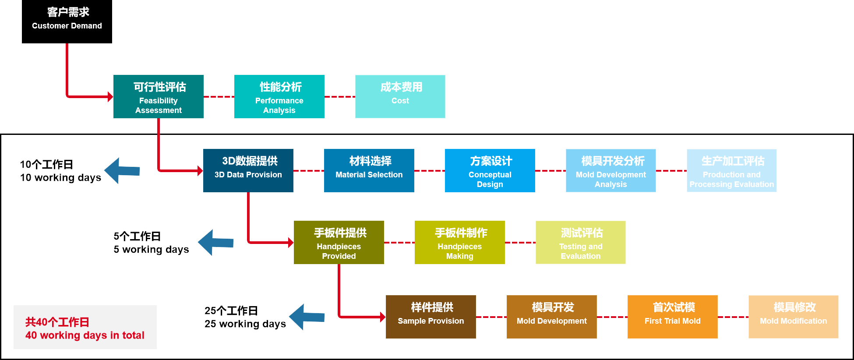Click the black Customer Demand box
pos(67,21)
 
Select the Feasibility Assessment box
pos(159,96)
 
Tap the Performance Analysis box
pos(279,96)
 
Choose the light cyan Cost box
pos(400,96)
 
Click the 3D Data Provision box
pos(248,170)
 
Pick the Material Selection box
pos(369,170)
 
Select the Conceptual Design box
pos(490,170)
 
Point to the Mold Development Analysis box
pos(611,170)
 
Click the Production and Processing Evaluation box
pos(732,170)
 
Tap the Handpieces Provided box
pos(339,242)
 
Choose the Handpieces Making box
pos(460,242)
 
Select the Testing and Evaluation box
pos(581,242)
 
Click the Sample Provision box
pos(431,317)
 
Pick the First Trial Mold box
pos(673,317)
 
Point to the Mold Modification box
pos(794,317)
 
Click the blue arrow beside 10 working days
pos(122,171)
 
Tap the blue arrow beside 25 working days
pos(307,317)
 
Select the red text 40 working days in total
pos(85,335)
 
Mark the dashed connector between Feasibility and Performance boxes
pos(219,97)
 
